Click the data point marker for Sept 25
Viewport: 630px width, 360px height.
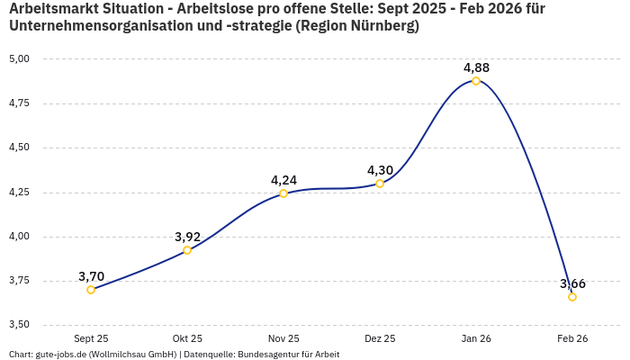[x=91, y=290]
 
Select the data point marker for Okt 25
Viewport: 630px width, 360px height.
[x=187, y=250]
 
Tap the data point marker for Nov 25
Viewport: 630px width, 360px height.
[x=283, y=193]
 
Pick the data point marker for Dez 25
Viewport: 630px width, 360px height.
[x=380, y=184]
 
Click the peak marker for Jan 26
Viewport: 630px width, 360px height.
[x=476, y=81]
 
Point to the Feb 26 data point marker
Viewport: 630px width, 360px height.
[x=572, y=297]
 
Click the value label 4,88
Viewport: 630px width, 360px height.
[x=476, y=67]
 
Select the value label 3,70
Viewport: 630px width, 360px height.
[x=91, y=276]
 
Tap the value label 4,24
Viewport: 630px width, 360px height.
[x=283, y=180]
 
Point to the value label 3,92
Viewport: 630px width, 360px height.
[x=187, y=237]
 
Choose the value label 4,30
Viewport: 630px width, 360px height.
[x=380, y=170]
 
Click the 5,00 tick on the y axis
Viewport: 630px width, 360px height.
[x=20, y=59]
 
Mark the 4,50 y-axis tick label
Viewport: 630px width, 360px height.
[x=20, y=148]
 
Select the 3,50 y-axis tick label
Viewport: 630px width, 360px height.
[x=20, y=325]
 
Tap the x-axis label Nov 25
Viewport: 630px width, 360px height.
[x=283, y=338]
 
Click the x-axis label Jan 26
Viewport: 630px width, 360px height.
[x=476, y=338]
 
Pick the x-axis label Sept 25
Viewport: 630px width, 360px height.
[x=91, y=338]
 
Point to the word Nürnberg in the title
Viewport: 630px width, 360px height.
[x=381, y=26]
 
